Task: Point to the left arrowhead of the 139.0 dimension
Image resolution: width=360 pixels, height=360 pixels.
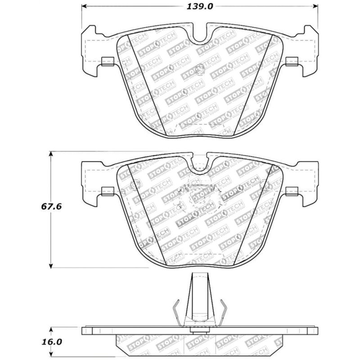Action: click(84, 6)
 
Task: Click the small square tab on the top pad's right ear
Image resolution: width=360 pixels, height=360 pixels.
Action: click(291, 61)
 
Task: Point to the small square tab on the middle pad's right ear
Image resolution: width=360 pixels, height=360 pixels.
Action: click(291, 191)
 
